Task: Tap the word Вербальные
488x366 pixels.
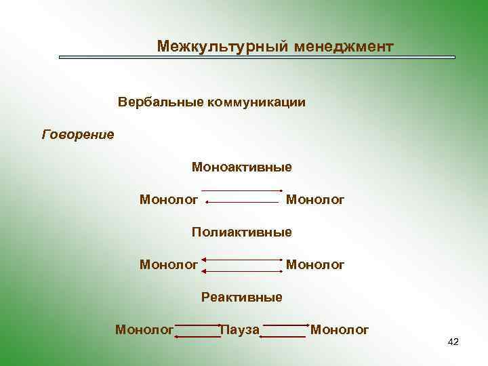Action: tap(161, 102)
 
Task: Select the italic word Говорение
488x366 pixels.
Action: tap(78, 134)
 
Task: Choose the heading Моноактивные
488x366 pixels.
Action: tap(241, 167)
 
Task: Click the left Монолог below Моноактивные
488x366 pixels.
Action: tap(169, 199)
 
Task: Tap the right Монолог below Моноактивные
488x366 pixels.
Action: tap(315, 199)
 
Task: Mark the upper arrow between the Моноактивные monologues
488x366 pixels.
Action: tap(242, 190)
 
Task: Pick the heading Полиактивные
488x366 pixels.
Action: tap(241, 232)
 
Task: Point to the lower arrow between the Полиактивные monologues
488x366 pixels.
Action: tap(242, 271)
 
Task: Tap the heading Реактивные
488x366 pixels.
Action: tap(241, 297)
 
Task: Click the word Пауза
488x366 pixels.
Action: tap(240, 330)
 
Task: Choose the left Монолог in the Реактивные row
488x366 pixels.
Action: tap(144, 330)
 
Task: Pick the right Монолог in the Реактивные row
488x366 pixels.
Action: tap(340, 330)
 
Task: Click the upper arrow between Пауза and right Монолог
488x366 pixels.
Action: tap(285, 325)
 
